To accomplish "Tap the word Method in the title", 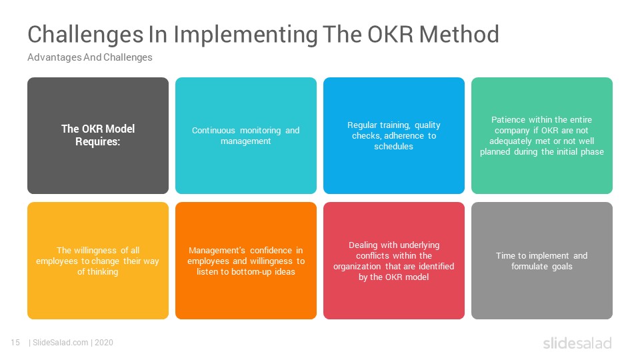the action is (459, 34).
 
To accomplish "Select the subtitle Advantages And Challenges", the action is (90, 57).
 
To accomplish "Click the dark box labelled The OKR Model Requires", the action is (98, 135).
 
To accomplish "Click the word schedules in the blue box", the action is (393, 146).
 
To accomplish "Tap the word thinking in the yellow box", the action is (103, 272).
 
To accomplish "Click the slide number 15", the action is (15, 343).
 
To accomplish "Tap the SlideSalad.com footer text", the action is (61, 343).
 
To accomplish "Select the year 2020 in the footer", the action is (104, 343).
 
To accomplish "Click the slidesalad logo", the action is (577, 343).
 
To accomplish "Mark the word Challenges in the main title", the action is (85, 34).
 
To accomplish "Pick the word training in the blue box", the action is (395, 125).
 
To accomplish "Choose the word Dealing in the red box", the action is (363, 245).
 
